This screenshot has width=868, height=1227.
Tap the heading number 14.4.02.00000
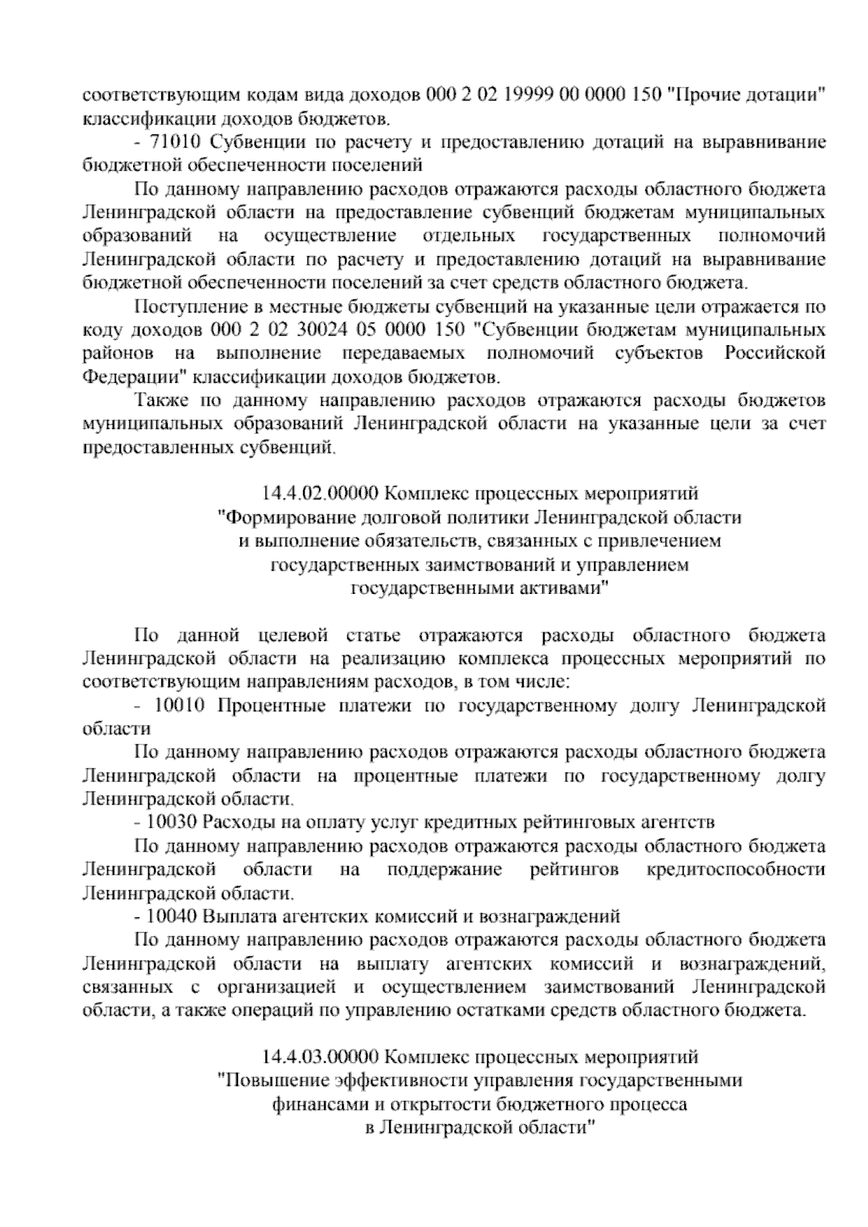[x=320, y=494]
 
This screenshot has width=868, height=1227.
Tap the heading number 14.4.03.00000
[x=320, y=1057]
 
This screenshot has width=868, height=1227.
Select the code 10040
[x=172, y=916]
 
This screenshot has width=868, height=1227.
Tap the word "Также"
[x=161, y=401]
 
